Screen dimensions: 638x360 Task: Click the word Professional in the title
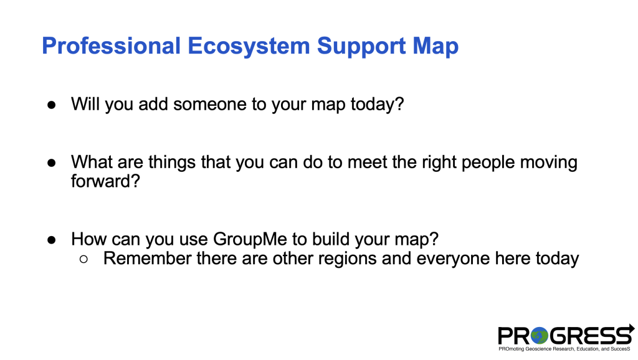point(111,45)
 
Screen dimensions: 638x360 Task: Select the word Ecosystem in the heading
point(249,46)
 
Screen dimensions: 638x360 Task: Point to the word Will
point(85,104)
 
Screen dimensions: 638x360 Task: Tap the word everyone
point(454,258)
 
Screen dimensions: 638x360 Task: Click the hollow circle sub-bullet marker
point(84,259)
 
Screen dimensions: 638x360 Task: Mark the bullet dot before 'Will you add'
point(52,105)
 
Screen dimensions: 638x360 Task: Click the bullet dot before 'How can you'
point(52,240)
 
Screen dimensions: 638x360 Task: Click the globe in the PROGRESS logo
point(539,336)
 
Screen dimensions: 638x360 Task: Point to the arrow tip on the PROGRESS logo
point(634,328)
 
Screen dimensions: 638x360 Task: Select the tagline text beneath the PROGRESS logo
point(564,349)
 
